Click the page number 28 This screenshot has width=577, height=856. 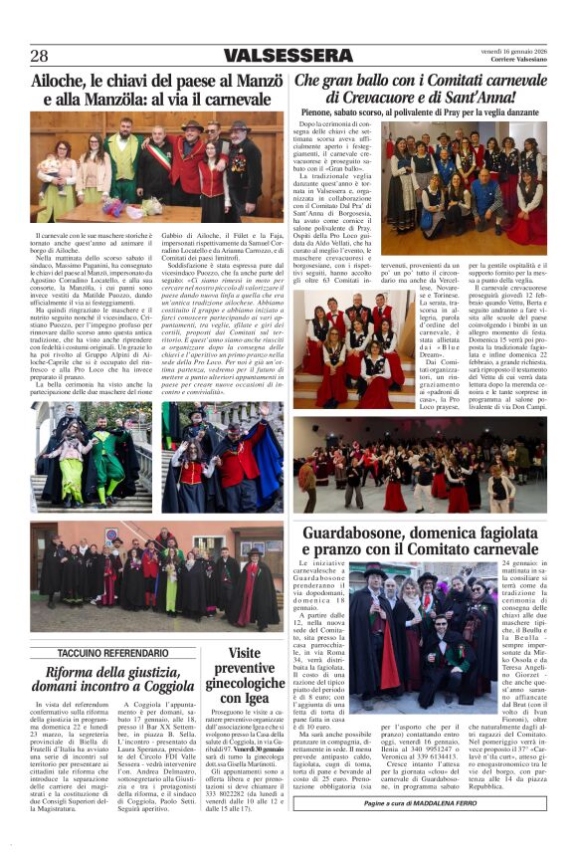[x=40, y=56]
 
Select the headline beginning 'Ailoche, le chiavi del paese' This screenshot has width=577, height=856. [x=157, y=90]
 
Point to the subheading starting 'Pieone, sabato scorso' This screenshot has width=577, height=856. [x=433, y=112]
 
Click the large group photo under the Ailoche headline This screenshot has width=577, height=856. [x=157, y=167]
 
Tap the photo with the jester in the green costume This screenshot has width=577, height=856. [x=92, y=458]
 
